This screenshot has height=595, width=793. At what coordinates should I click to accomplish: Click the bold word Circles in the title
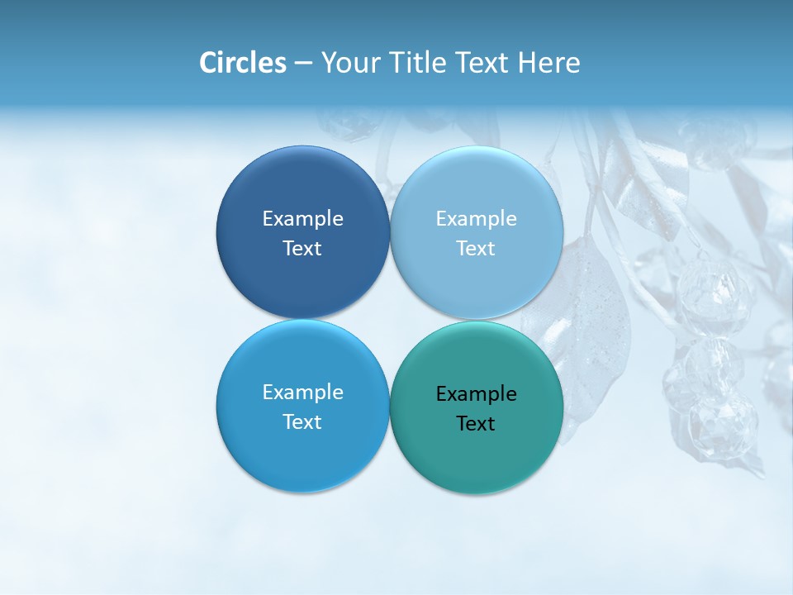243,63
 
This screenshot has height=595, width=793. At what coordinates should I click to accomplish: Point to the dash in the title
303,64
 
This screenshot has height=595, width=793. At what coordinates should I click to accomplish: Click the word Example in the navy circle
302,218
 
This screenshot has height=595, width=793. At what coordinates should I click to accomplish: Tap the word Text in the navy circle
302,248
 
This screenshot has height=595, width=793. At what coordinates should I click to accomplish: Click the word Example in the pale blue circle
476,218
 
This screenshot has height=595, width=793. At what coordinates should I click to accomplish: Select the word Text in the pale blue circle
476,248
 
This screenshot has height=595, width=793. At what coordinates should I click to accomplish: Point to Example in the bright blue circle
302,392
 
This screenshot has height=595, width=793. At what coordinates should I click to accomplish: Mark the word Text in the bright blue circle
302,421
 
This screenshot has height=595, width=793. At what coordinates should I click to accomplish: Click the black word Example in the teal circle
476,393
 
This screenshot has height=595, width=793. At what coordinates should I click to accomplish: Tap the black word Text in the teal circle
476,423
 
